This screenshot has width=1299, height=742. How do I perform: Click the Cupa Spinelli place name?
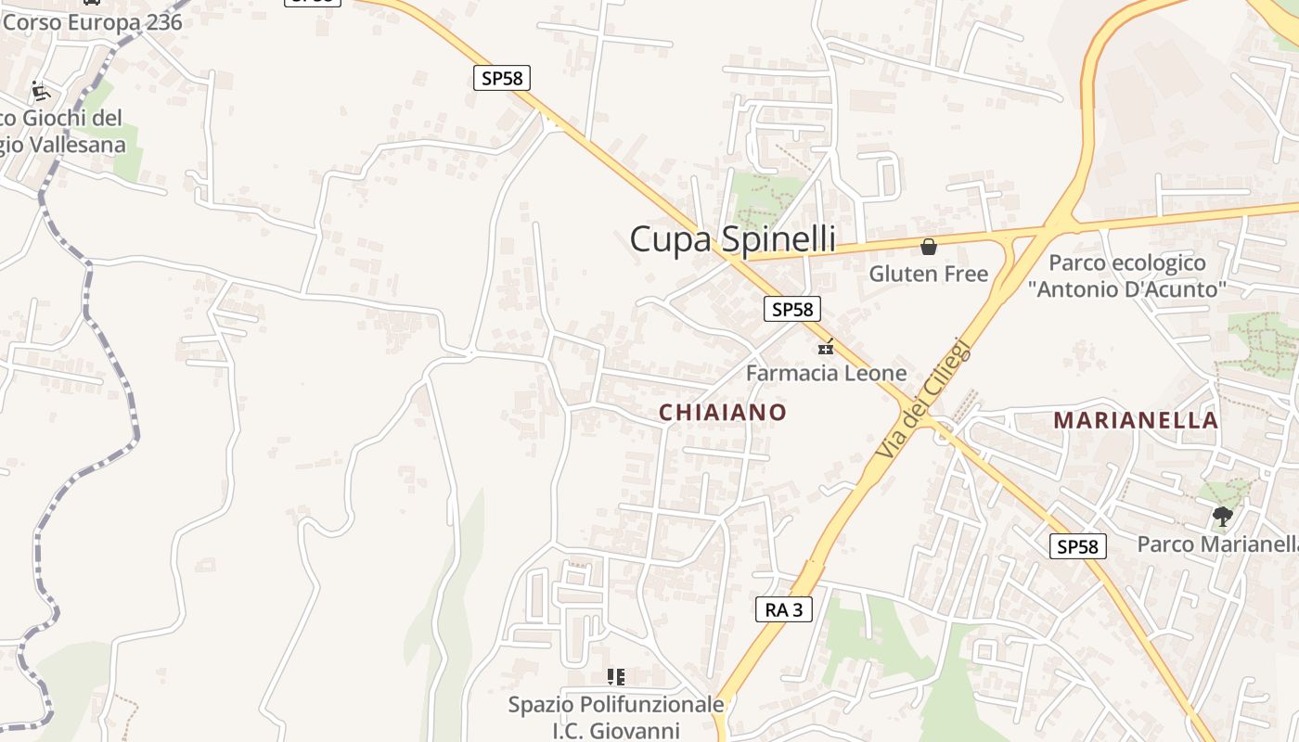[732, 239]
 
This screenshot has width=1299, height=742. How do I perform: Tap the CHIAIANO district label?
[723, 413]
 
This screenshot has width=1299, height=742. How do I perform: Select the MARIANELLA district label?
[1136, 420]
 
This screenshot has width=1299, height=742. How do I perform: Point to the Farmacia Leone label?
[827, 373]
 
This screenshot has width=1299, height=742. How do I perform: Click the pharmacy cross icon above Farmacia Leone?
[825, 348]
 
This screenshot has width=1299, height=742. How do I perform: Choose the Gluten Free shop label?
[929, 274]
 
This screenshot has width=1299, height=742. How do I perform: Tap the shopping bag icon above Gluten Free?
[928, 247]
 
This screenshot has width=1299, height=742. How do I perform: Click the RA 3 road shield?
[784, 609]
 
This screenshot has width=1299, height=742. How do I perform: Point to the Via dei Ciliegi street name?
[923, 400]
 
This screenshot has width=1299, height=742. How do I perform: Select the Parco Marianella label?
[1217, 544]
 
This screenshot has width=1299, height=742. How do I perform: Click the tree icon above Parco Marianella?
[1222, 517]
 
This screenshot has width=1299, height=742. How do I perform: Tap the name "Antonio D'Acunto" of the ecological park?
[1127, 289]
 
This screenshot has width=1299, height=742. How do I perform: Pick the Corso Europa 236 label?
[92, 22]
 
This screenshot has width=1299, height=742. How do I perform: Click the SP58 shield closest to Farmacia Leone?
[792, 309]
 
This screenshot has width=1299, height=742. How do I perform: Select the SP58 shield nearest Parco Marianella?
[1078, 546]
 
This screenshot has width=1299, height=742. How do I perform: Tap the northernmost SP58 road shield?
[502, 78]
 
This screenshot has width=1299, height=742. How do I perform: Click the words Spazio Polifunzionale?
[616, 705]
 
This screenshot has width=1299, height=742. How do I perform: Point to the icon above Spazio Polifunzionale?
[615, 677]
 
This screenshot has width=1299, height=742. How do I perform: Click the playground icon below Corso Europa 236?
[40, 91]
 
